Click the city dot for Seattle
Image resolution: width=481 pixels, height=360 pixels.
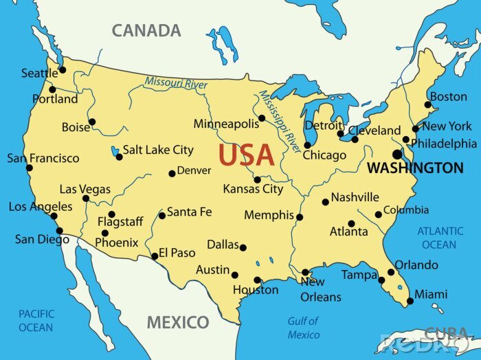click(63, 69)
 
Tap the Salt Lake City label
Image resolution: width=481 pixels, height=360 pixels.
click(158, 150)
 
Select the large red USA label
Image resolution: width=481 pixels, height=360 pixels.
click(247, 156)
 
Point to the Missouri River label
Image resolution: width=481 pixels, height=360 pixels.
click(176, 84)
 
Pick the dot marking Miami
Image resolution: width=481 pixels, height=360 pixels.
click(410, 301)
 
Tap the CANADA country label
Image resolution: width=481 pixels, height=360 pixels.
click(146, 31)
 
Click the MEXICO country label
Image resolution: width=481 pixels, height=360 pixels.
click(178, 322)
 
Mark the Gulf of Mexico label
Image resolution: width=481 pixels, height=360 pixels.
click(303, 328)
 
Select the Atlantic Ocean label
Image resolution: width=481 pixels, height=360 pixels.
click(440, 238)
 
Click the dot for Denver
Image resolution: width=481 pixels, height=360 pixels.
click(172, 174)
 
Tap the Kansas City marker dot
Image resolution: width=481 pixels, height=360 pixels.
click(257, 180)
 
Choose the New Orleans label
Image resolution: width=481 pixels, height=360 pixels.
click(320, 289)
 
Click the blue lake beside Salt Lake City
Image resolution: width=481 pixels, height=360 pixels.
click(113, 149)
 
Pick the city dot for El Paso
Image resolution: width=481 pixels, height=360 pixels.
click(155, 257)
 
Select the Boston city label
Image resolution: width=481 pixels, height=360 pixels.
click(448, 97)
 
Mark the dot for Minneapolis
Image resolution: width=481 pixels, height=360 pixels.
click(262, 118)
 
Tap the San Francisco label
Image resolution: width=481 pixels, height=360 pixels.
click(43, 158)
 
